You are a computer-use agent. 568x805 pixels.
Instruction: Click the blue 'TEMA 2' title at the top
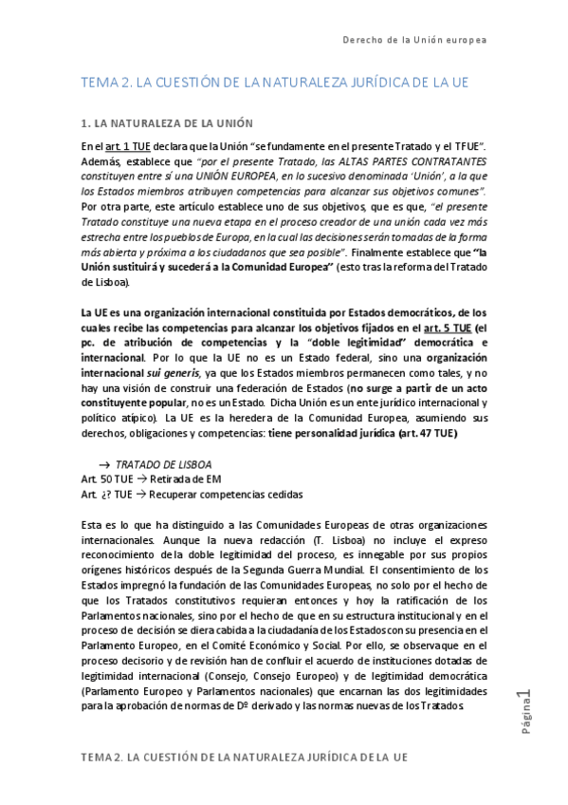tap(275, 83)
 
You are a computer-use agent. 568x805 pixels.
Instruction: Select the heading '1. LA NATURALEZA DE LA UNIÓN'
tap(180, 123)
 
